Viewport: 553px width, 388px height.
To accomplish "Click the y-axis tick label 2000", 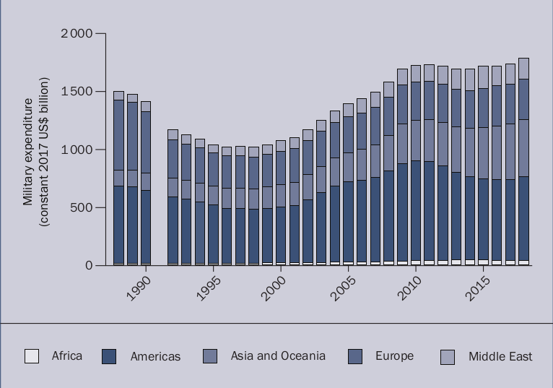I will pyautogui.click(x=77, y=34).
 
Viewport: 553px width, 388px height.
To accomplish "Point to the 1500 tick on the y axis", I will pyautogui.click(x=77, y=92).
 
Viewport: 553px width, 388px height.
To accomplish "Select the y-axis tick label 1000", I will pyautogui.click(x=77, y=150).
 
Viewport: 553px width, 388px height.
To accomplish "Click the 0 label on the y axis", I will pyautogui.click(x=89, y=265).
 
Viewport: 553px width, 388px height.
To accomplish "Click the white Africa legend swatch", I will pyautogui.click(x=32, y=356).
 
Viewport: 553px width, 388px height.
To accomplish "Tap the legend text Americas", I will pyautogui.click(x=155, y=356).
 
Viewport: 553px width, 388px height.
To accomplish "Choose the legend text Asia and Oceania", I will pyautogui.click(x=278, y=355).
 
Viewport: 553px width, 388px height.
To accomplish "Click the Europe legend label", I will pyautogui.click(x=394, y=355).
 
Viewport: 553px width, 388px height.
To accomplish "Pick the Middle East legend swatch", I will pyautogui.click(x=448, y=356).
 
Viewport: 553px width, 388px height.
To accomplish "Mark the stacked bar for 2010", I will pyautogui.click(x=415, y=165).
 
